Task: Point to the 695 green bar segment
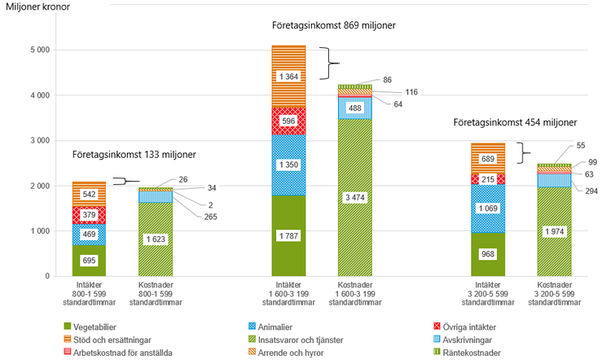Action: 89,260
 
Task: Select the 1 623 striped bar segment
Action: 155,239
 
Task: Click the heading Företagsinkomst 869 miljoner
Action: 333,26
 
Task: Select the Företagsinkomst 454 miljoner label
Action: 516,123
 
